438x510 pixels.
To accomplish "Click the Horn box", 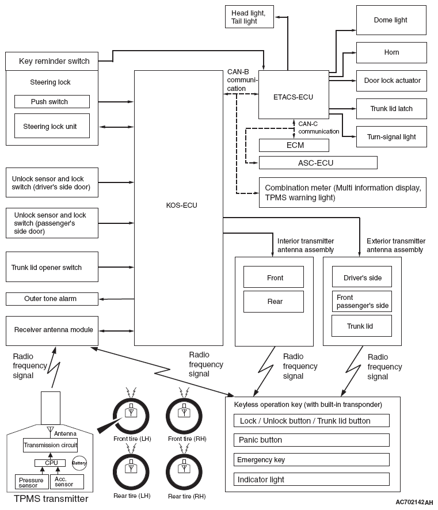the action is (391, 52).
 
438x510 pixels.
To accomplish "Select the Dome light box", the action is (391, 20).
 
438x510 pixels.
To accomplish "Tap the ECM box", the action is (294, 145).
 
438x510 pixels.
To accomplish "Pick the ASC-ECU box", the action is (318, 163).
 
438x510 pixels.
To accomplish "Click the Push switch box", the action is (52, 101).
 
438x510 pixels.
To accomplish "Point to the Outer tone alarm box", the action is (52, 299).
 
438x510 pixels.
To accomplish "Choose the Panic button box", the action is (311, 440).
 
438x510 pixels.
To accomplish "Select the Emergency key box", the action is (311, 459).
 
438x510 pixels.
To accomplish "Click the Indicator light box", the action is (311, 479).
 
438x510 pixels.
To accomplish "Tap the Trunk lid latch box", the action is (391, 109).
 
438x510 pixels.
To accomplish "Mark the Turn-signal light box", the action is (391, 136).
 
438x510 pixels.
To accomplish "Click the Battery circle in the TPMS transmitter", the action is (79, 463).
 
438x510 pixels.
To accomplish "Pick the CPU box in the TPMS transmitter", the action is (50, 463).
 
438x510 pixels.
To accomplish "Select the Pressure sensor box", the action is (32, 482).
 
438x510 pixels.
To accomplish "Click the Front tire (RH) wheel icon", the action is (184, 416).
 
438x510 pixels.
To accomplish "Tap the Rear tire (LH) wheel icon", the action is (131, 472).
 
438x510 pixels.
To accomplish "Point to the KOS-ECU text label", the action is (181, 205).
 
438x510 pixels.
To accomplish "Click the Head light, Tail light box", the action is (249, 17).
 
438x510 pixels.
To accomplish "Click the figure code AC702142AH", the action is (414, 502).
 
